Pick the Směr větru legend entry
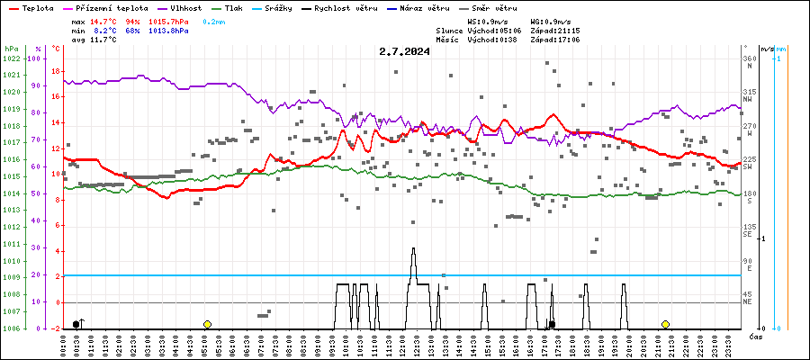point(499,7)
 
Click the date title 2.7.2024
point(404,51)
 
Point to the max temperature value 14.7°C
point(102,21)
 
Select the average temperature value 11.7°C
point(102,40)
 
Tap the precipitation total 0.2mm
point(214,21)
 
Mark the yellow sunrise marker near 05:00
point(207,324)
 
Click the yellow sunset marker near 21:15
point(665,324)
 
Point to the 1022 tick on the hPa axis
point(12,58)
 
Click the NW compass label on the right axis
point(749,100)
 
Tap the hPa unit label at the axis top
point(11,48)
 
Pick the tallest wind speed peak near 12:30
point(413,249)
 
